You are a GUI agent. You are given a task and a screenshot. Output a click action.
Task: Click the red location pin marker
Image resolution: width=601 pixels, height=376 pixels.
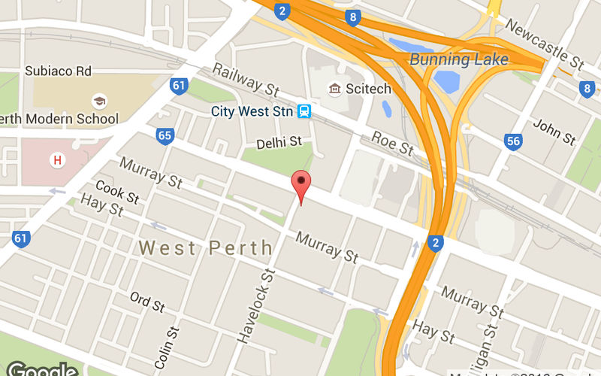click(x=300, y=183)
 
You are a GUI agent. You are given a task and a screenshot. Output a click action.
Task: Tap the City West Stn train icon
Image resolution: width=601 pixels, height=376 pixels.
click(x=304, y=111)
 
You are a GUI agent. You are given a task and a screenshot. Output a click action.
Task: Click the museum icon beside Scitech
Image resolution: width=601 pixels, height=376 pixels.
click(x=334, y=89)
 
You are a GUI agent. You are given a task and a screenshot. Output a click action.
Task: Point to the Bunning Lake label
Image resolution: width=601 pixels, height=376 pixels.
click(x=458, y=59)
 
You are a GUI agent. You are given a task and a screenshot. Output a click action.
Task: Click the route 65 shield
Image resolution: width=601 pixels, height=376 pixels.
click(x=165, y=136)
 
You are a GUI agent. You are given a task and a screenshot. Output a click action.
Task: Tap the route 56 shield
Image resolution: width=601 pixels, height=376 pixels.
click(x=514, y=141)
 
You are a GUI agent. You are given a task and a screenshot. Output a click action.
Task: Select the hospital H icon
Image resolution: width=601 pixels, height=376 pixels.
click(x=56, y=159)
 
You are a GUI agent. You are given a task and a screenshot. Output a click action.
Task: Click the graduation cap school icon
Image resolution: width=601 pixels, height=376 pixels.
click(x=98, y=101)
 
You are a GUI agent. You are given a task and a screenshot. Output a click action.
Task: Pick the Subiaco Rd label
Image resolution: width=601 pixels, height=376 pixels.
click(x=58, y=71)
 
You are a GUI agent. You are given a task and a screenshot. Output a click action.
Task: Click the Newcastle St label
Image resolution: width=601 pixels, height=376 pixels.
click(x=544, y=42)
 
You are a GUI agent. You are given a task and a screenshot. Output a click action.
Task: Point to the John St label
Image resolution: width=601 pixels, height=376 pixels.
click(x=554, y=132)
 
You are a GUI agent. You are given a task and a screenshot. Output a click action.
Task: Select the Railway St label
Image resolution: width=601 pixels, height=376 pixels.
click(x=245, y=79)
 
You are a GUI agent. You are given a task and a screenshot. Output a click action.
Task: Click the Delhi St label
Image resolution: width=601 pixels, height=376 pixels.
click(x=279, y=141)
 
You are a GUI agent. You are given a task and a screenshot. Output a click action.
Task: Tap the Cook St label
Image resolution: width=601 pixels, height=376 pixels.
click(x=117, y=192)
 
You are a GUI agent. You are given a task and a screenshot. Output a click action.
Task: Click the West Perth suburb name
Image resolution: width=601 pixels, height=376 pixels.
click(x=206, y=247)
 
